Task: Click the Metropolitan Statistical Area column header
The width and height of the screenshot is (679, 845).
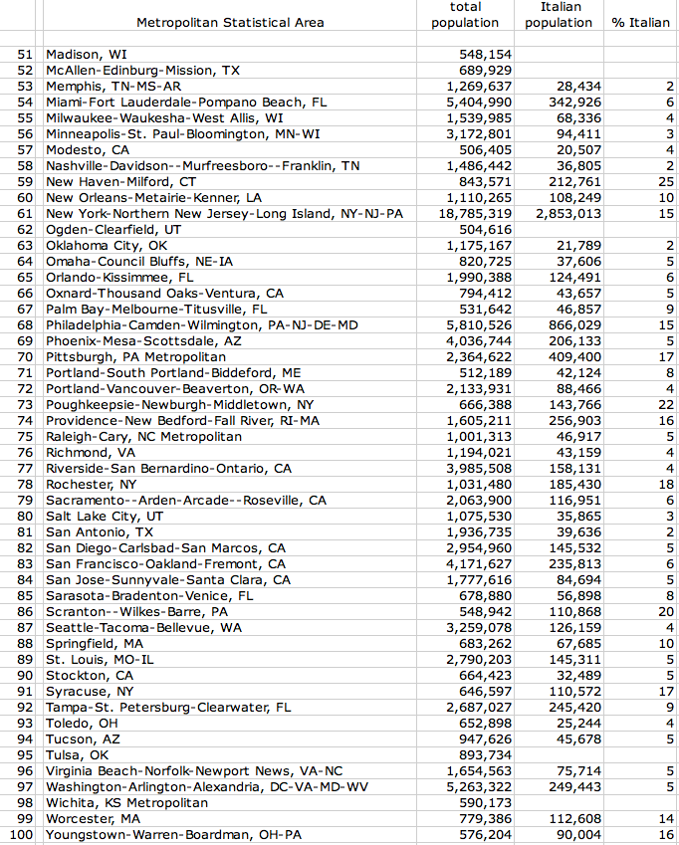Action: click(230, 23)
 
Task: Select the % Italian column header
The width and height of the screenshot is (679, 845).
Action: click(640, 23)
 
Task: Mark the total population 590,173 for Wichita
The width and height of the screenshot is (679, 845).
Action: click(485, 803)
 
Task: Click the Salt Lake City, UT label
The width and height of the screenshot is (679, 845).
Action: click(105, 517)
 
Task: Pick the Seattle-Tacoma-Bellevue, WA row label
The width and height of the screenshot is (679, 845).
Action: click(144, 628)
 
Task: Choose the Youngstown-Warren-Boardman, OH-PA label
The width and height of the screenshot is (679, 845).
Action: click(174, 835)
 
